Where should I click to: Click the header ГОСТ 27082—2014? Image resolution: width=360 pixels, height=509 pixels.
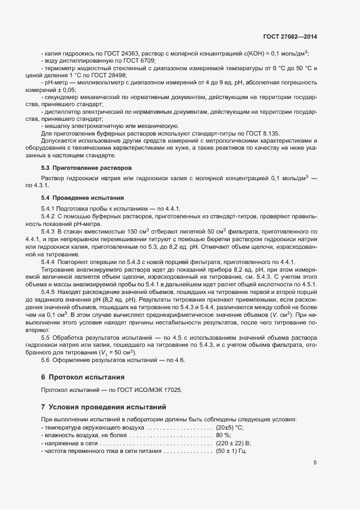pos(290,37)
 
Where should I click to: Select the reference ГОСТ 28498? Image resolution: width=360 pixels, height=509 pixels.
pos(97,75)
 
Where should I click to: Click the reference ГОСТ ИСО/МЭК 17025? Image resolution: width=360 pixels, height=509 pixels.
pos(157,390)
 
